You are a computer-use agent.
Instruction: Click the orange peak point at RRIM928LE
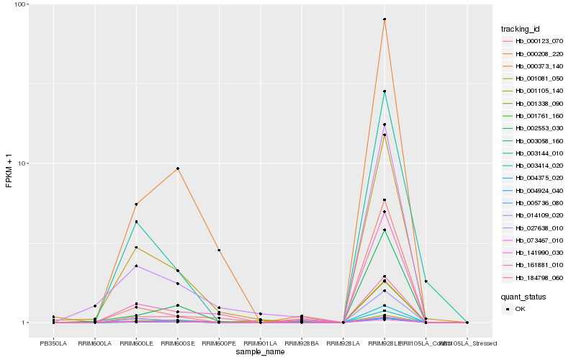tap(384, 19)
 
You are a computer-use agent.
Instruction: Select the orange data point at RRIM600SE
tap(177, 168)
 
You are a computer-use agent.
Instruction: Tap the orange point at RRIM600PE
tap(219, 250)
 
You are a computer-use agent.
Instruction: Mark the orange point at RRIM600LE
tap(136, 204)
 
